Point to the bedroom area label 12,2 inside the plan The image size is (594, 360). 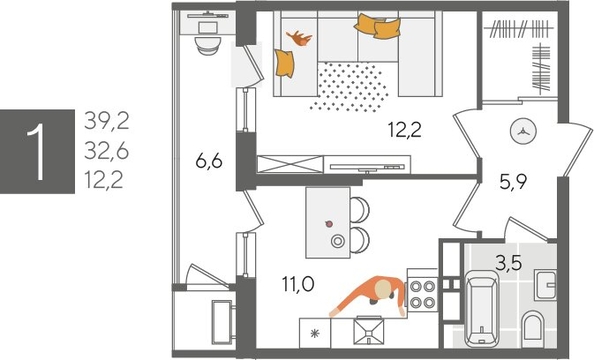pos(405,128)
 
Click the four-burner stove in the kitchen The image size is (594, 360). pos(421,293)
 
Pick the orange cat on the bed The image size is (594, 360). pos(298,39)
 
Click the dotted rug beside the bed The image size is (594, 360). pos(348,85)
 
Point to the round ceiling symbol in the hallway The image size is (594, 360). pos(524,129)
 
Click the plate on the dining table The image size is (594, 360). pos(339,241)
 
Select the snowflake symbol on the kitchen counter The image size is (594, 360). pos(315,333)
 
